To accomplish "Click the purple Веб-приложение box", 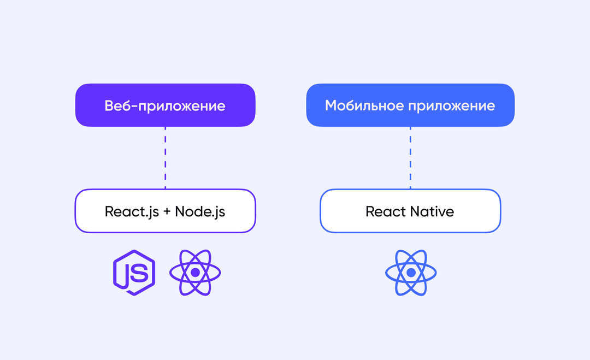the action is point(165,105).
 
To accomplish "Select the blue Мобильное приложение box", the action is point(410,105).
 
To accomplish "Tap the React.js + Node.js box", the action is point(165,211).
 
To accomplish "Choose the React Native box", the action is point(410,211).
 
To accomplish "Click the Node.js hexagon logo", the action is point(134,273).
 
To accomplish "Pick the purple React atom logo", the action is point(195,273).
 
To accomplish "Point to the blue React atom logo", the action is point(411,273).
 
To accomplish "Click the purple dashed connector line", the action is point(165,158).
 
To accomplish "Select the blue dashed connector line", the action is point(410,158).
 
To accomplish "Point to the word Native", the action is point(432,211).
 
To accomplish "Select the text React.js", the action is point(132,212).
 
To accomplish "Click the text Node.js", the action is point(200,212).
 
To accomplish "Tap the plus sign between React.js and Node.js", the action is point(167,212).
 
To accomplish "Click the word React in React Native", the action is point(386,211).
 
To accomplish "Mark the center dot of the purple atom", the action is point(195,273).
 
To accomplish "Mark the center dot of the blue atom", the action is point(411,273).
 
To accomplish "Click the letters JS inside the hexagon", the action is point(136,273).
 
